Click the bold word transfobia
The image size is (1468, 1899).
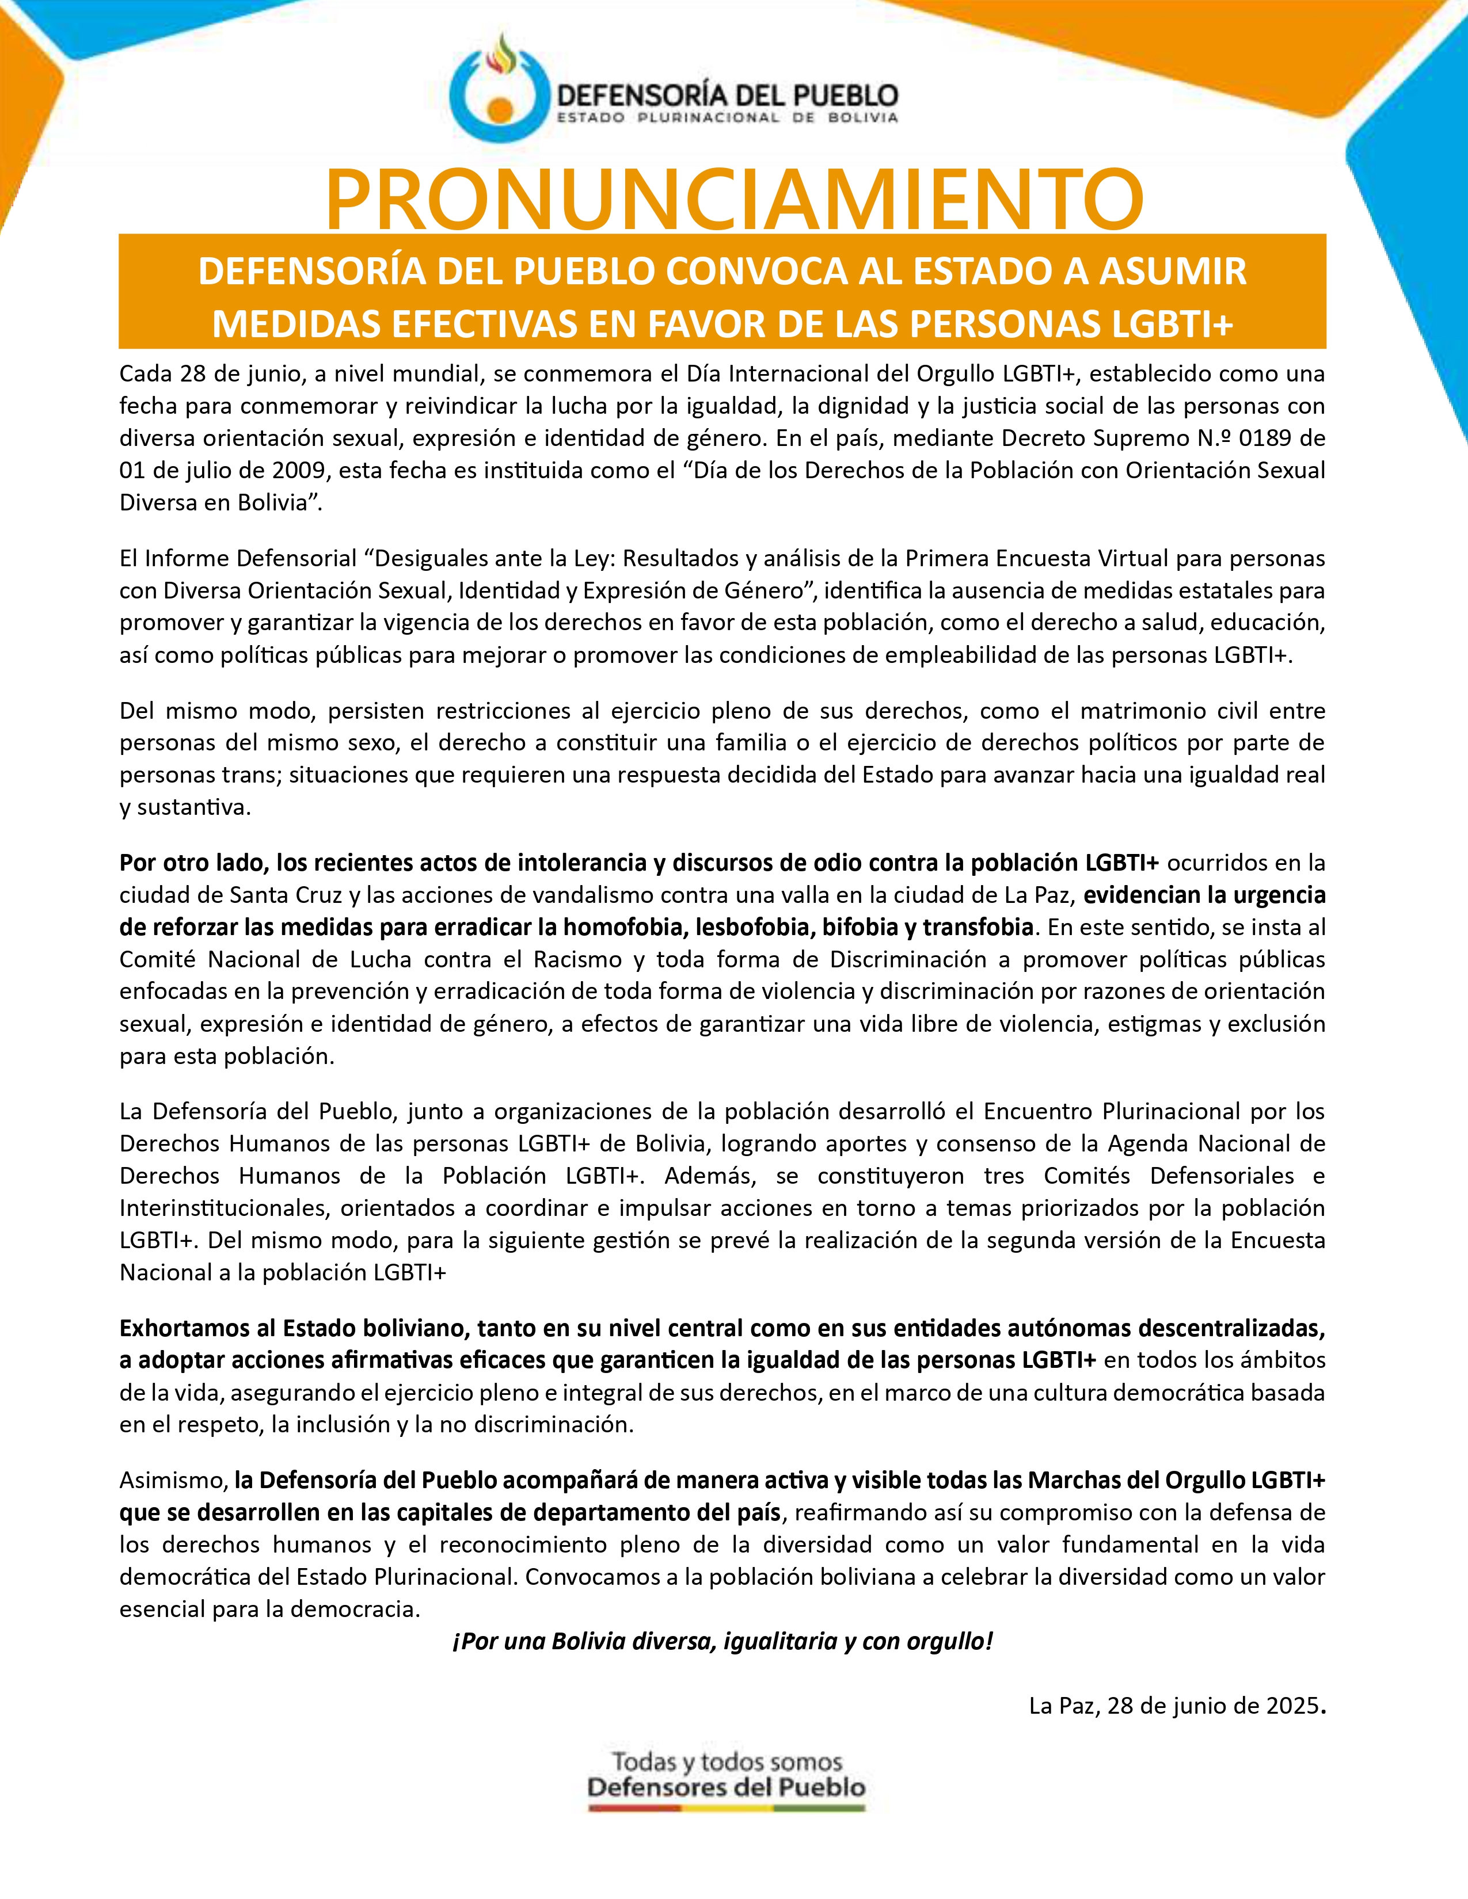(978, 927)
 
